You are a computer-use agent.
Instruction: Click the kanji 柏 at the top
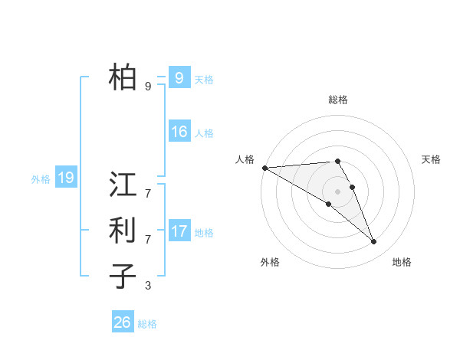123,77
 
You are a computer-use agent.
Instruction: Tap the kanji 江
123,185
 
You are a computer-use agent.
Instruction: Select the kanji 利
123,230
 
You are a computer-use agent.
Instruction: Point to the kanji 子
123,276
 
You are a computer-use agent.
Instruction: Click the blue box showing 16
179,132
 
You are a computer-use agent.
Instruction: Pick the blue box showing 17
179,231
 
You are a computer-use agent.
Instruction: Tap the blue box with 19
65,178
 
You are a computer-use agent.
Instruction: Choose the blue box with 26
122,322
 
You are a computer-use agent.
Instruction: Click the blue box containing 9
179,77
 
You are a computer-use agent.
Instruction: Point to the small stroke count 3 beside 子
148,286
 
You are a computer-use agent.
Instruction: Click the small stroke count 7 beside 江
148,186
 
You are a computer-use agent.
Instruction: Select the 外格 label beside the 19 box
41,179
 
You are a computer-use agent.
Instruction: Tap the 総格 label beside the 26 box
147,324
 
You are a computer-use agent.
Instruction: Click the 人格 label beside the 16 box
204,133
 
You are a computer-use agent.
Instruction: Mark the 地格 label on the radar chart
402,262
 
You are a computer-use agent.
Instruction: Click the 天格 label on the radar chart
431,159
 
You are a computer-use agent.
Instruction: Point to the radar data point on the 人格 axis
264,168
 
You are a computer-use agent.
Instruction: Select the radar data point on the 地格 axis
373,242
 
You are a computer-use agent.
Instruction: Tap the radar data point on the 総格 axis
337,161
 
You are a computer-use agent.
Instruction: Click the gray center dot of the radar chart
337,191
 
